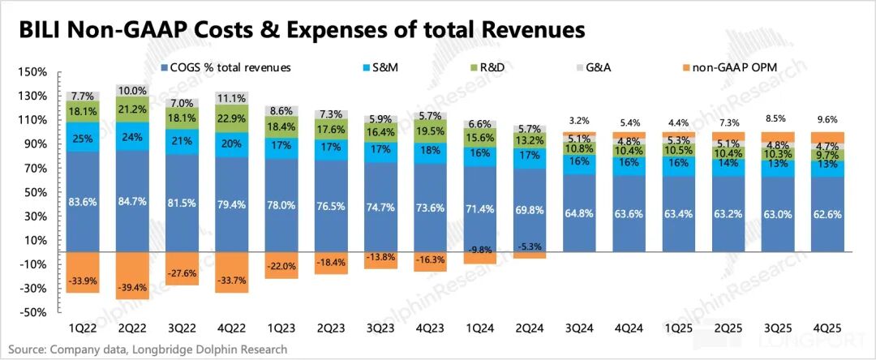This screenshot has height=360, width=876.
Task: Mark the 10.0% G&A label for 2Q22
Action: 132,91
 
